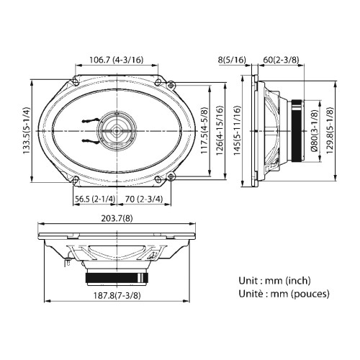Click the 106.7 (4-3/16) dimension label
pos(117,60)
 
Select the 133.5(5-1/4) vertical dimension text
pos(27,130)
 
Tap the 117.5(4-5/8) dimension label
pos(204,130)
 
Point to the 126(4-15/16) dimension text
pos(220,130)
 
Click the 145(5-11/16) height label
pos(237,130)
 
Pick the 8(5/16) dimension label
pos(232,60)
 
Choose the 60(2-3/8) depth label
pos(282,60)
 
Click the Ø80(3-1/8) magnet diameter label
pos(315,130)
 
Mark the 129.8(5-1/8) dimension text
pos(330,130)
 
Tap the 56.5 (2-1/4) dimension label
pos(95,199)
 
